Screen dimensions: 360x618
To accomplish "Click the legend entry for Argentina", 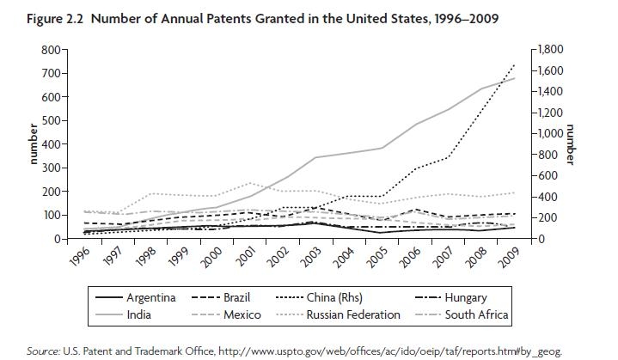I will (150, 297).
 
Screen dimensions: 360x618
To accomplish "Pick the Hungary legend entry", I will (466, 297).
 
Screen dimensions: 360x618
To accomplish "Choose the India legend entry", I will (139, 314).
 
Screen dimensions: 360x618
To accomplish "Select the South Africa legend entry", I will (476, 314).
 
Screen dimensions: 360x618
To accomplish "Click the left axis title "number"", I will (34, 143).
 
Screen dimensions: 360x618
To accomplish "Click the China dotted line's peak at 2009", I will (514, 64).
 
